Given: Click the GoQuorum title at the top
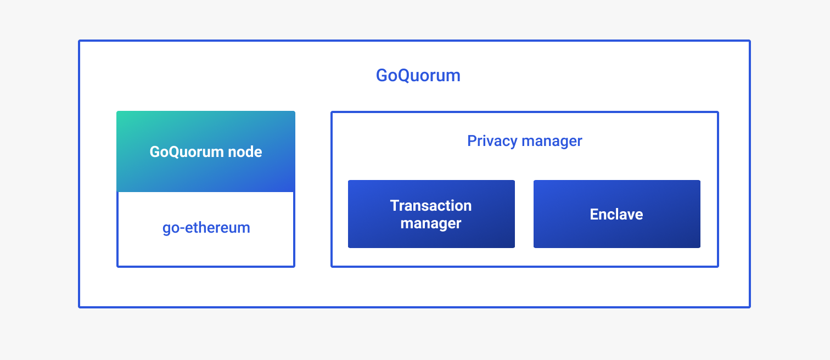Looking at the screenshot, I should pyautogui.click(x=418, y=75).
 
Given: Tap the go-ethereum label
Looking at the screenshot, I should pyautogui.click(x=206, y=227).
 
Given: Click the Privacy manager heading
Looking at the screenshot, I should pyautogui.click(x=524, y=141).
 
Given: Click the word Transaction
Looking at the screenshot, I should pyautogui.click(x=431, y=206).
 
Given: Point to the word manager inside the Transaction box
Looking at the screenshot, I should pyautogui.click(x=431, y=223).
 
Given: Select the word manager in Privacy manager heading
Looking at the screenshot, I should pyautogui.click(x=552, y=141).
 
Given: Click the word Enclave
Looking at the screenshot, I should pyautogui.click(x=616, y=214).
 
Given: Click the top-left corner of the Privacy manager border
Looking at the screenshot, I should pyautogui.click(x=332, y=113).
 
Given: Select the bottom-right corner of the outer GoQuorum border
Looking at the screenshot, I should pyautogui.click(x=749, y=306).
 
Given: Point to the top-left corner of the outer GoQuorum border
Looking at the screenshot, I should pyautogui.click(x=80, y=41).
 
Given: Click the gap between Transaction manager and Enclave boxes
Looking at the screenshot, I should pyautogui.click(x=524, y=214).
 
